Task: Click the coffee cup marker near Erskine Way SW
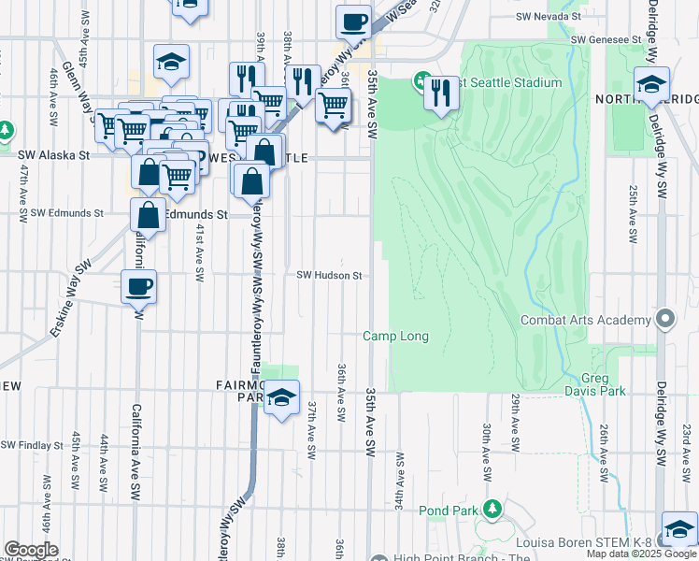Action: (x=139, y=287)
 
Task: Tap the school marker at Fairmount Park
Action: (x=281, y=398)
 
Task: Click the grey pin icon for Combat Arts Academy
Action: (x=664, y=320)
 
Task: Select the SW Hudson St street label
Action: (x=329, y=276)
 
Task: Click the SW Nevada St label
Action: (x=549, y=17)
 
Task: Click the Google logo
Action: (x=31, y=550)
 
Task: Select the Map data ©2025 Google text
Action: (x=641, y=554)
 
